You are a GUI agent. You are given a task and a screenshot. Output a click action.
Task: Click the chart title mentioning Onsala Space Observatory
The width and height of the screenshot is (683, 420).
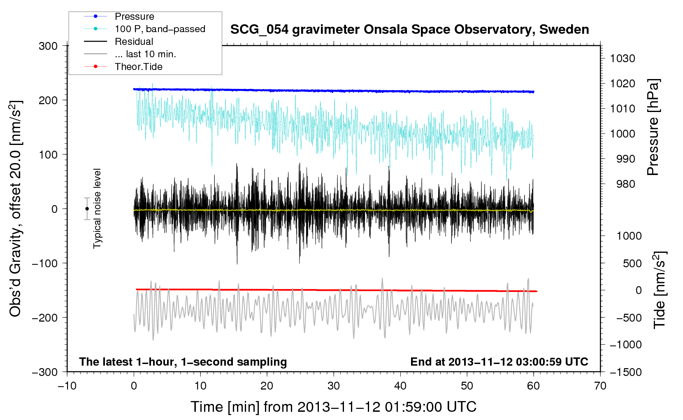tap(409, 30)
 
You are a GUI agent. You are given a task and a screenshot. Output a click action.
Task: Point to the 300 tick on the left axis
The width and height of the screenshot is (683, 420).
tap(48, 46)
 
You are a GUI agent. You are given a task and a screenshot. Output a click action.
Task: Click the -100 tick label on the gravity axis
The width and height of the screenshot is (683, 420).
tap(45, 263)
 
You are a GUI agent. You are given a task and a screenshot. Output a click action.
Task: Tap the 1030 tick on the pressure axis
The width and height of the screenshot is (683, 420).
tap(623, 58)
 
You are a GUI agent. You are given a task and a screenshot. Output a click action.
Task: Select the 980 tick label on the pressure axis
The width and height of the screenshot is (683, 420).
tap(626, 184)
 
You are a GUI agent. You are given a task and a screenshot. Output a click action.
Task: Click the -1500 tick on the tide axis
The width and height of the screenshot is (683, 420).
tap(626, 372)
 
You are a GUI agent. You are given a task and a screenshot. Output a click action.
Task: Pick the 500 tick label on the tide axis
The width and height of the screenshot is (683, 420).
tap(632, 263)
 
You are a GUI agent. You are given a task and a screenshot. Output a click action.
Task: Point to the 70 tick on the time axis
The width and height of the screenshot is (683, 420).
tap(600, 386)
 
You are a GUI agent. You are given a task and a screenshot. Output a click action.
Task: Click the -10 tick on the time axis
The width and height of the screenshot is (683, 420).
tap(67, 386)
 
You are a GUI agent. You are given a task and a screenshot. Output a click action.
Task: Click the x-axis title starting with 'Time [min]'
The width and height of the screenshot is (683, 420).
tap(334, 407)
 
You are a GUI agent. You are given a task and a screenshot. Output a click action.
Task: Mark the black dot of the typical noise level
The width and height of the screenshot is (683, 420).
tap(87, 209)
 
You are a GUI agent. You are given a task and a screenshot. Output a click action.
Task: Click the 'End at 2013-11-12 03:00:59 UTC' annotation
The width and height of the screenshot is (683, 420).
tap(499, 362)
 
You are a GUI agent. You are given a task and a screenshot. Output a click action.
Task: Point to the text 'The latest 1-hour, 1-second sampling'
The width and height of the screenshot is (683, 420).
tap(183, 362)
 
